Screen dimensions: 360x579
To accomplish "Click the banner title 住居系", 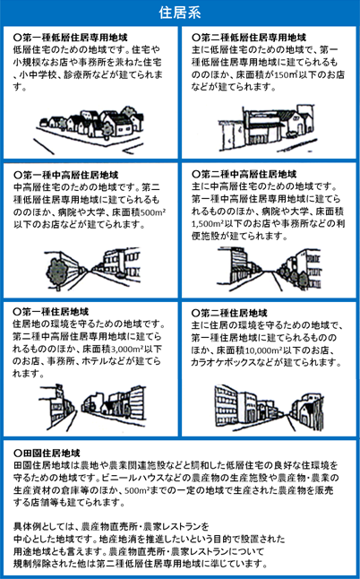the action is [x=180, y=13].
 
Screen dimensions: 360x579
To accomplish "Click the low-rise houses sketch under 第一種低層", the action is [x=89, y=129].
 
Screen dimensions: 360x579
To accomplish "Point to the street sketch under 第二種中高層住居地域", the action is [x=269, y=269].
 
